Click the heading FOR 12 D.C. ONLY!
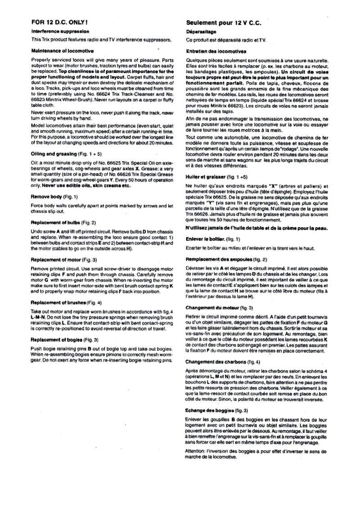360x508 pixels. (59, 22)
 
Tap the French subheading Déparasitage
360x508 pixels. (202, 32)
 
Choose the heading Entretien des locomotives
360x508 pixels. (216, 51)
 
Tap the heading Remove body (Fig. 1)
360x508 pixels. (54, 197)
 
